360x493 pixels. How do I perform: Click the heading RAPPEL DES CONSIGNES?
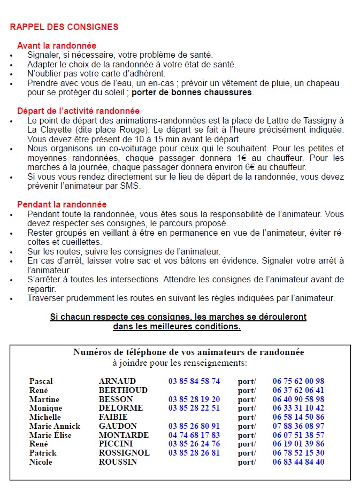64,27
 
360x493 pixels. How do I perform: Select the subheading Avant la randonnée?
57,46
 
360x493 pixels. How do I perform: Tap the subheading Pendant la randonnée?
62,204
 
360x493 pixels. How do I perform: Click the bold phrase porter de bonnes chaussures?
192,92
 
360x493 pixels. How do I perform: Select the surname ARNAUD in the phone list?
117,381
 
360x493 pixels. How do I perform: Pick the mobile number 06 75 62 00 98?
298,381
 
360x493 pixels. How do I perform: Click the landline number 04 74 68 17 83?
194,435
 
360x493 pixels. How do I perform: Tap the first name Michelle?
45,417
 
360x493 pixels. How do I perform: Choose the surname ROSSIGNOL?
124,453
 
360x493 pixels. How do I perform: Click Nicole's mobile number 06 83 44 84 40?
298,462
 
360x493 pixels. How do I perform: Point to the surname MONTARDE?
124,435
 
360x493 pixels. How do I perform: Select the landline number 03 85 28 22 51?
194,408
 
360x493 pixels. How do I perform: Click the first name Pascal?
41,381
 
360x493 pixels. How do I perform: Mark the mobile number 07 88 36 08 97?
298,426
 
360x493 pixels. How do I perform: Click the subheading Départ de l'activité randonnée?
78,111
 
